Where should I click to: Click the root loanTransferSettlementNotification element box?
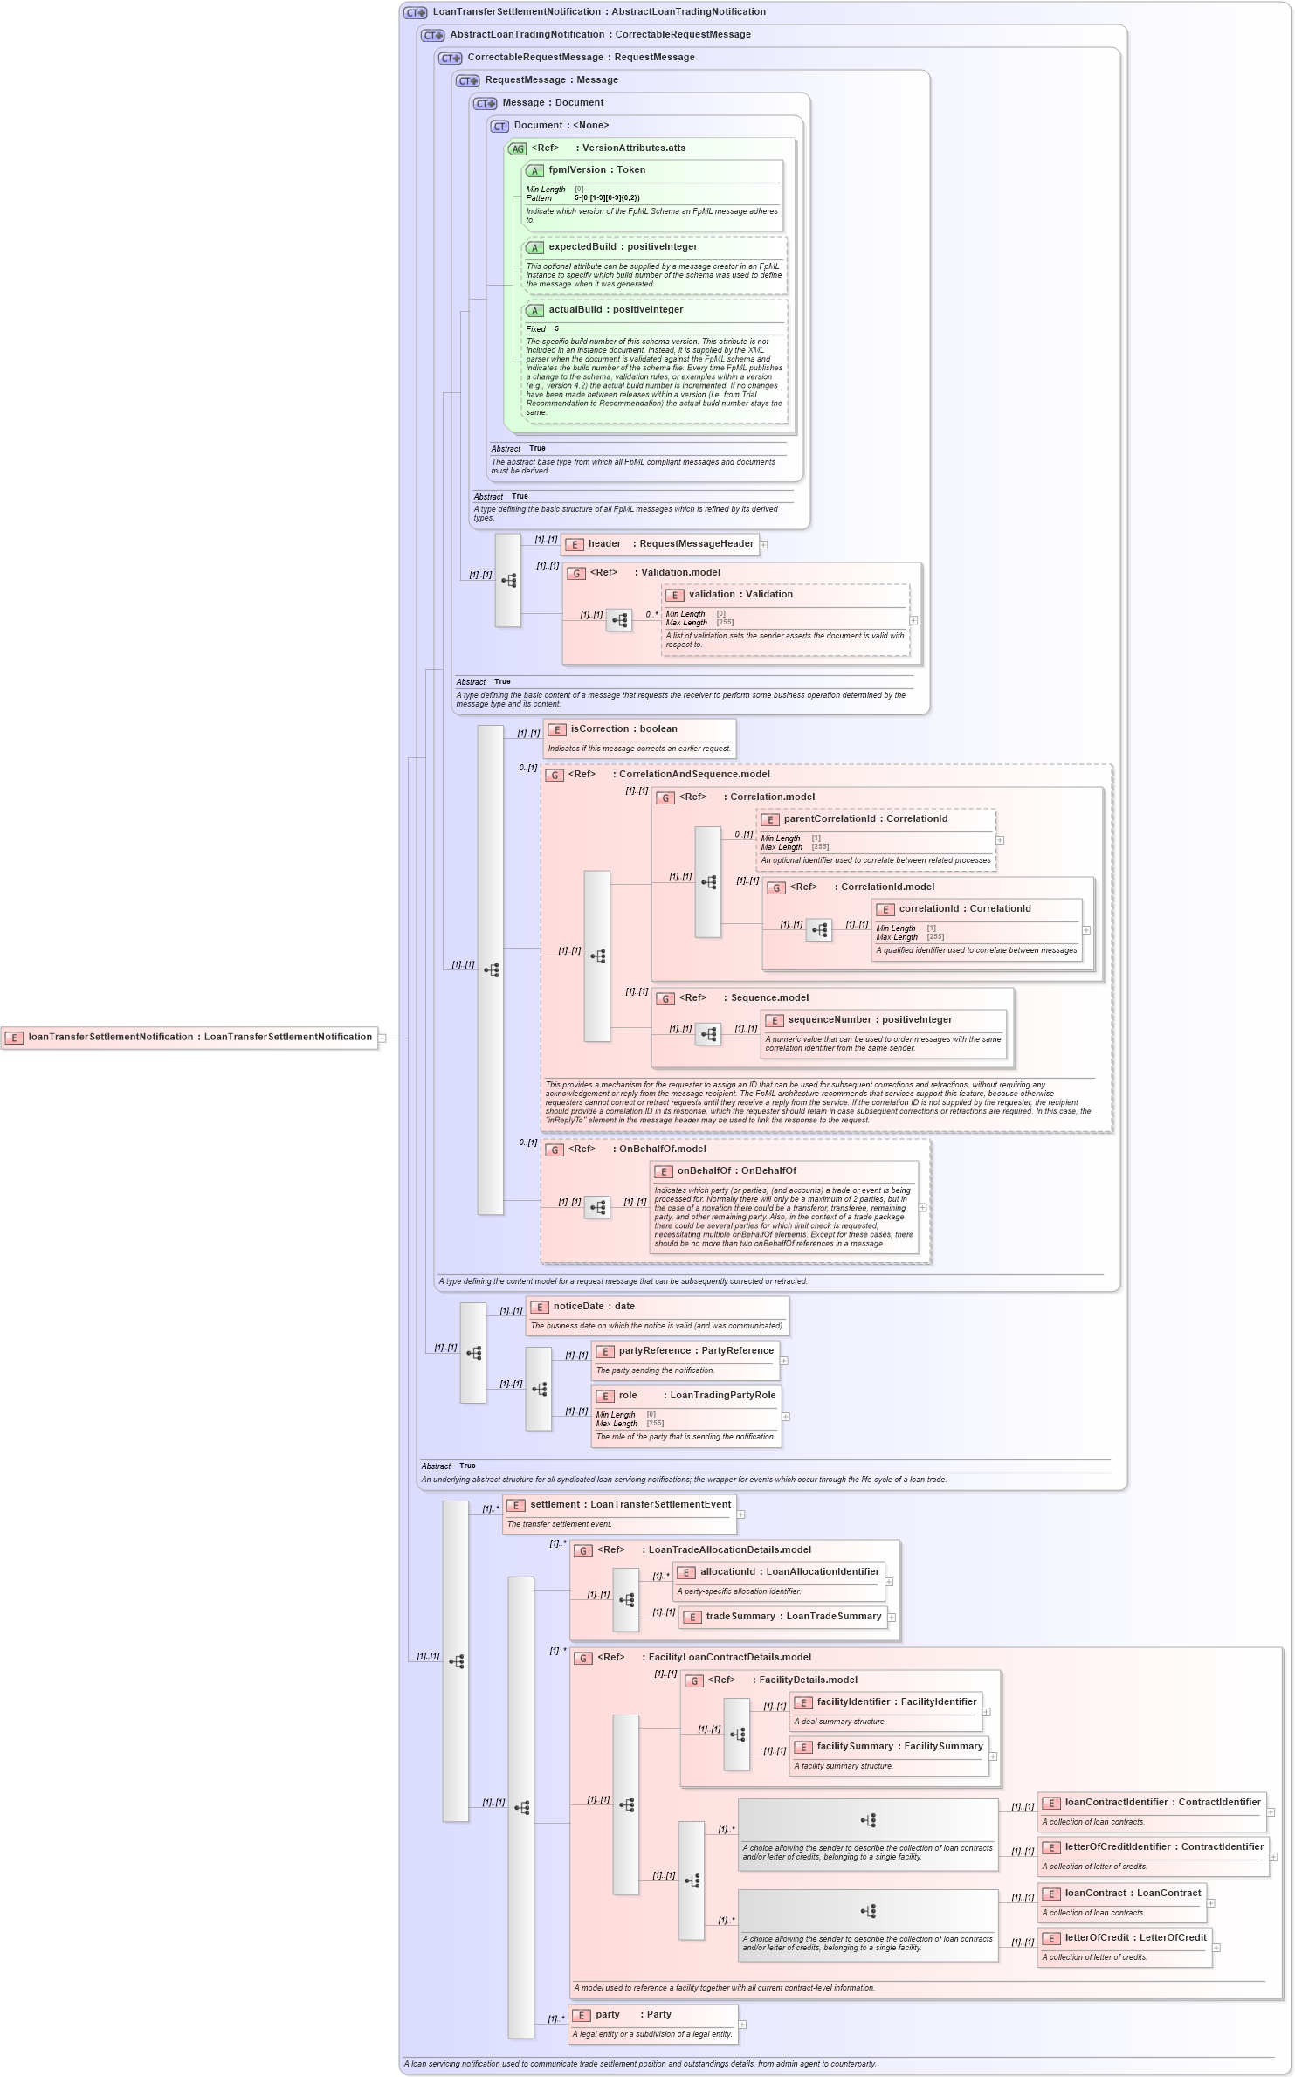189,1038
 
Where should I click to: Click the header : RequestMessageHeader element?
660,544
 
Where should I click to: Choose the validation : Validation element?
740,595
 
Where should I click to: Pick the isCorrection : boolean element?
623,729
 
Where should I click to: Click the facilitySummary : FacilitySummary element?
899,1747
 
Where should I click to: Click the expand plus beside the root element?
382,1038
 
